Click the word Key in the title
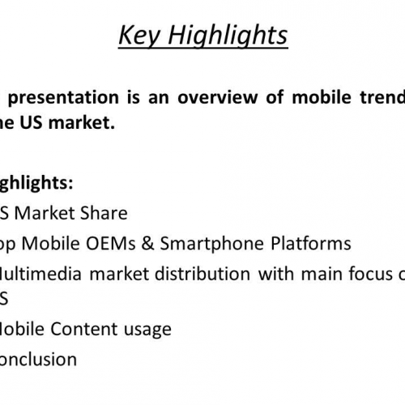(139, 36)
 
